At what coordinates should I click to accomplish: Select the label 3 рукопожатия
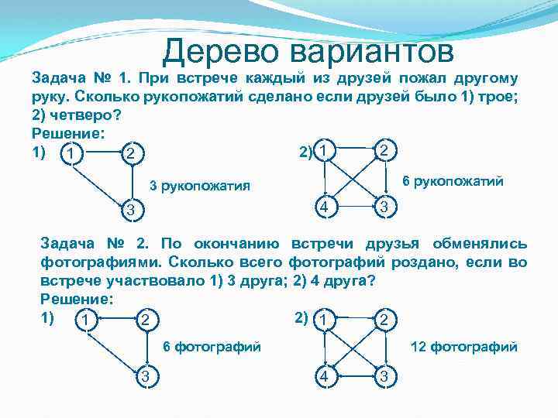[x=198, y=186]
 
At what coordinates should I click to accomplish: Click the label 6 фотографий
[x=211, y=347]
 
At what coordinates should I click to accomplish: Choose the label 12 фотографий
[x=463, y=347]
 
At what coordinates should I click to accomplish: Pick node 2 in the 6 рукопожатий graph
[x=385, y=149]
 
